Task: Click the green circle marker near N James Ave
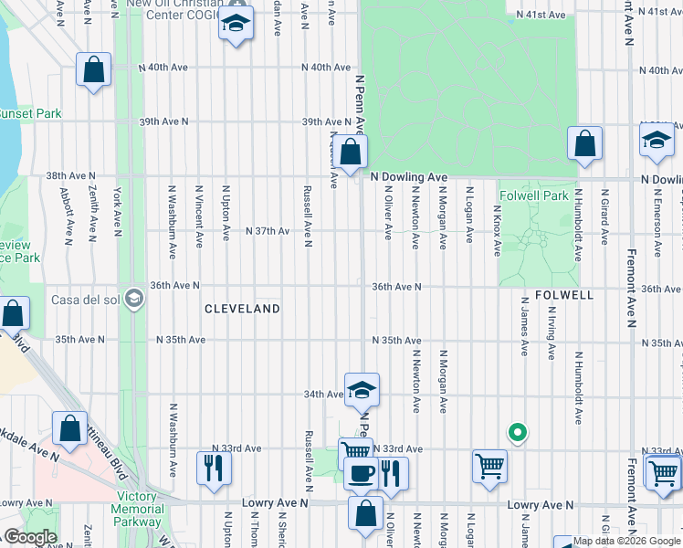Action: pos(517,433)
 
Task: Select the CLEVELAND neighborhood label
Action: pos(241,309)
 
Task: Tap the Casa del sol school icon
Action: pos(134,297)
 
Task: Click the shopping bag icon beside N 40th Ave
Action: pos(94,69)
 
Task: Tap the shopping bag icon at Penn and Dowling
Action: pos(351,153)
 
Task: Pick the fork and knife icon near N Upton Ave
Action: pos(215,468)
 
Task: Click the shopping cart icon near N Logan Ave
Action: pos(490,466)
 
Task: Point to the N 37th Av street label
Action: pos(268,231)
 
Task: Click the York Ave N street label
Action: pos(117,212)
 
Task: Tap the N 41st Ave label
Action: pos(542,15)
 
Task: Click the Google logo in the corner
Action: pos(29,537)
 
